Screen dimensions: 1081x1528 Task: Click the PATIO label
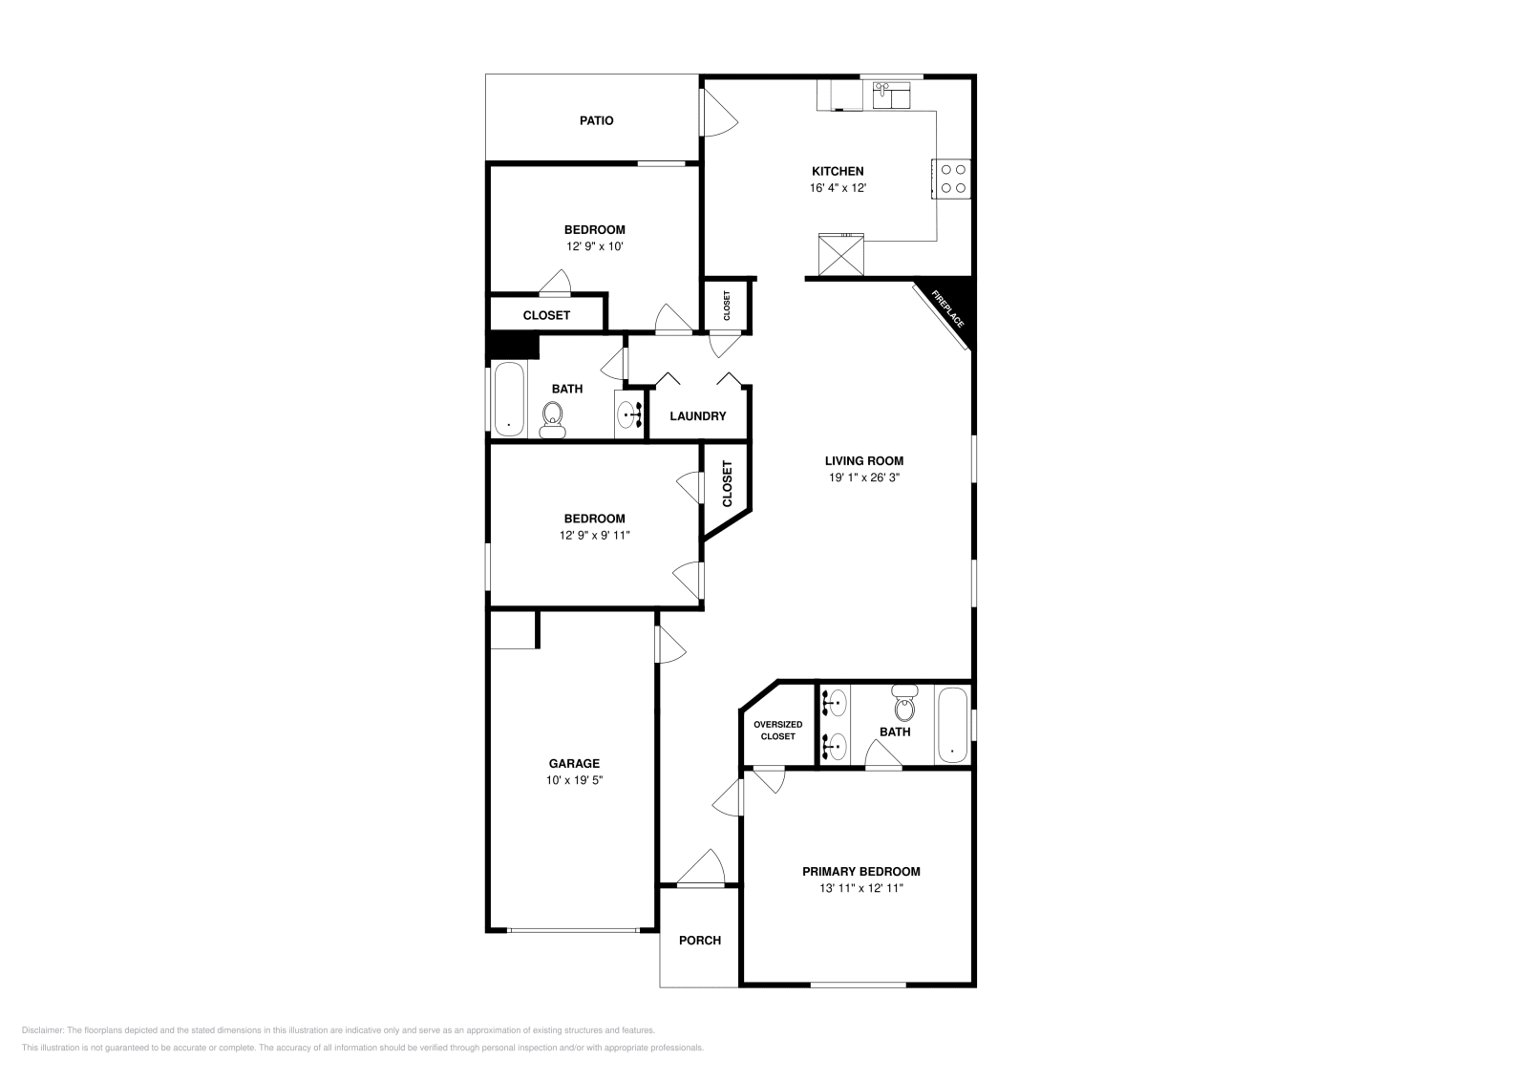(596, 121)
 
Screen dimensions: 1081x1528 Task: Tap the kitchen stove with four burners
(952, 179)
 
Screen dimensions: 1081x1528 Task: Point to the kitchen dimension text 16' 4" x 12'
(838, 189)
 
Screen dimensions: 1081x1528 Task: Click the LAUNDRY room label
(697, 416)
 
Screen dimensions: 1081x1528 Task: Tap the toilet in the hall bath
(552, 418)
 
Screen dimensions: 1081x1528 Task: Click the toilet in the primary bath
(902, 704)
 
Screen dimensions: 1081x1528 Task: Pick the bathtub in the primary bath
(952, 725)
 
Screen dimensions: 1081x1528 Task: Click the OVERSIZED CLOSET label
(777, 731)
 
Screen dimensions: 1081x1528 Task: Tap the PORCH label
(699, 941)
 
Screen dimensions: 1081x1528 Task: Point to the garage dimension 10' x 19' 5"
(574, 780)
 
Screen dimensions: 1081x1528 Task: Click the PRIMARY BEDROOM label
(860, 872)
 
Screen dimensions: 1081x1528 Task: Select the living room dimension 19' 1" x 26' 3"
(863, 477)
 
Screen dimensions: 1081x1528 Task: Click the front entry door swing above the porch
(703, 870)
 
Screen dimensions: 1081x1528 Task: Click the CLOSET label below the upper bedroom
(546, 315)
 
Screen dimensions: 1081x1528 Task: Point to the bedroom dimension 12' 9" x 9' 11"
(594, 536)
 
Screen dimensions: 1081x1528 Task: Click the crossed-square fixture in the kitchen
(841, 255)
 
